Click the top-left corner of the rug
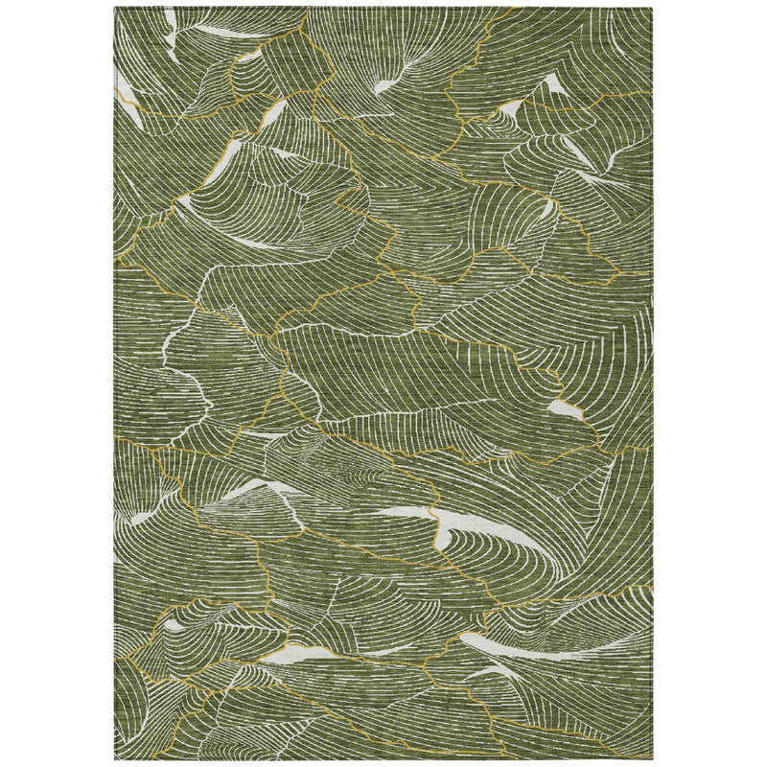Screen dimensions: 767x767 tap(114, 9)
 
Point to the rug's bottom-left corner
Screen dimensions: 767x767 tap(114, 758)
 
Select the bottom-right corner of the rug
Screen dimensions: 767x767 tap(652, 758)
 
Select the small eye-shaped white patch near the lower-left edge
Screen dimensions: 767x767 tap(173, 626)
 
